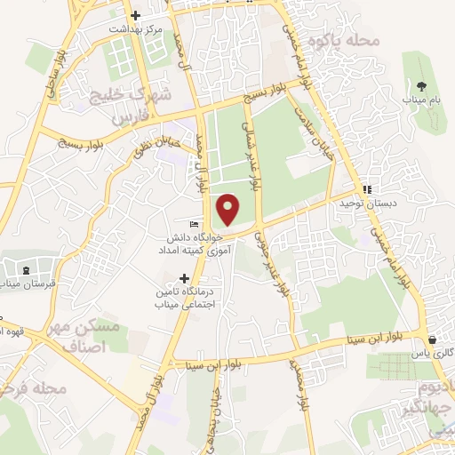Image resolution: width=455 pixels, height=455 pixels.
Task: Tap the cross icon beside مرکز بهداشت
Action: point(135,15)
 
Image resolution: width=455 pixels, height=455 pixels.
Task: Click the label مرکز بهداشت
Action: point(135,29)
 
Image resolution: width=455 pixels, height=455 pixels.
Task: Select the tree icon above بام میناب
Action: point(421,85)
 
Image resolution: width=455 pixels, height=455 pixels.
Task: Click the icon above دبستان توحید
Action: point(367,189)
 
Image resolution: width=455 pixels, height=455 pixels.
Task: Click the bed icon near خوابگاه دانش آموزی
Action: point(194,223)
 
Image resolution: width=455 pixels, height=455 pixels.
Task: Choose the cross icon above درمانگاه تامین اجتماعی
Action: point(185,277)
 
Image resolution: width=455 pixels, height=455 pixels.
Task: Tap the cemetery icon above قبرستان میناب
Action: point(25,269)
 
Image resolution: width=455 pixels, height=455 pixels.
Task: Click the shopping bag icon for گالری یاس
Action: point(432,339)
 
